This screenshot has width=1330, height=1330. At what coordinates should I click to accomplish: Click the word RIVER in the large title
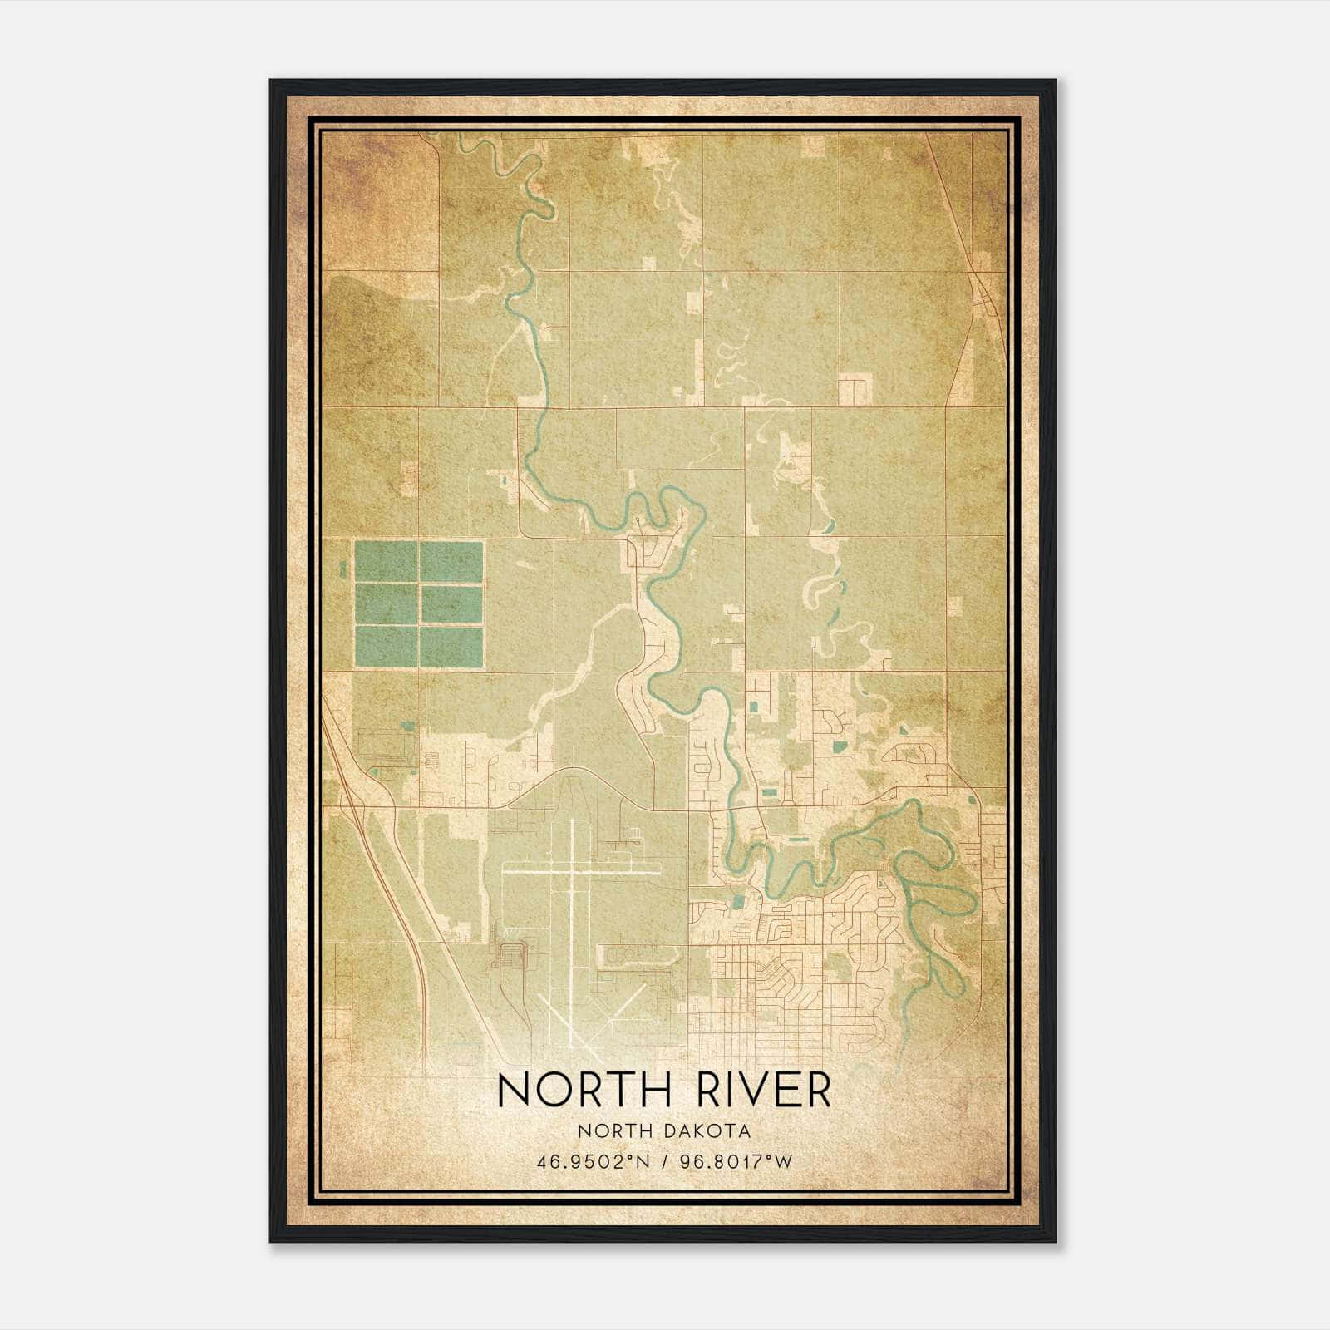coord(759,1091)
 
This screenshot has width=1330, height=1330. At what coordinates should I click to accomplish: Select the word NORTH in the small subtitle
coord(613,1131)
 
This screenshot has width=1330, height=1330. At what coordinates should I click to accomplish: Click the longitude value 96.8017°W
coord(732,1161)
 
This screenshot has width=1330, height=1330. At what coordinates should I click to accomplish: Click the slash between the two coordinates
coord(662,1161)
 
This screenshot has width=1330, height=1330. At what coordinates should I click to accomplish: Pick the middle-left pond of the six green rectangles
coord(386,604)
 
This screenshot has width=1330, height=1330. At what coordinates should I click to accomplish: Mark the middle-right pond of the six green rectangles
coord(451,604)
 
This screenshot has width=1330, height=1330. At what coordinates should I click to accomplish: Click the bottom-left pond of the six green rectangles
coord(386,647)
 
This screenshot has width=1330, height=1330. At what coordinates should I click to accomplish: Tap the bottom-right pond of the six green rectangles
coord(451,647)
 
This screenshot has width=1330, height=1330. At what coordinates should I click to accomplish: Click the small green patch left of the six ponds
coord(342,569)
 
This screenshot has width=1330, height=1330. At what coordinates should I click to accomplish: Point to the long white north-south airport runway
coord(574,914)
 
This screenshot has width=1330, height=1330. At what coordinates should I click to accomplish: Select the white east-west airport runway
coord(582,872)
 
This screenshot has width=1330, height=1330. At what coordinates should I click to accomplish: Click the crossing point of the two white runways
coord(574,872)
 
